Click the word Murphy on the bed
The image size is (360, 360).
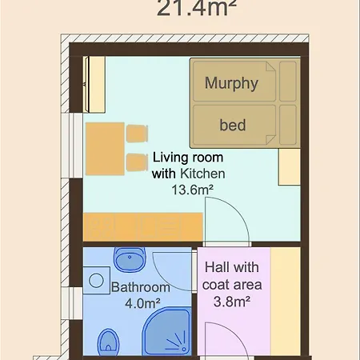(x=231, y=83)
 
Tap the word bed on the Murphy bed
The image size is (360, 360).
(x=233, y=125)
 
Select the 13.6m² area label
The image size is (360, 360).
(x=192, y=190)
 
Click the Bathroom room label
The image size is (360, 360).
(x=141, y=287)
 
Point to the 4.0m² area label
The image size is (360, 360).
(x=142, y=303)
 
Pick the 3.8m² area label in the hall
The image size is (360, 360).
(x=232, y=302)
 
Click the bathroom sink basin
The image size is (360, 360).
(x=130, y=259)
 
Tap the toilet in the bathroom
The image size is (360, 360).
(x=108, y=342)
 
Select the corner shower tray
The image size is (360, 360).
(x=167, y=331)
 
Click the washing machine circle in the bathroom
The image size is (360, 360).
(x=96, y=281)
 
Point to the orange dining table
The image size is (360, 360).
(x=105, y=149)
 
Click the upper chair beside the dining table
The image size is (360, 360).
(x=137, y=134)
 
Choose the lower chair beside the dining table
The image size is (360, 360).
(x=137, y=162)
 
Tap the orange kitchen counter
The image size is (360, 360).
(x=143, y=227)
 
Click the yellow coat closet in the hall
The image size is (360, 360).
(x=286, y=302)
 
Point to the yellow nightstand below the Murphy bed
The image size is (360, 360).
(x=290, y=166)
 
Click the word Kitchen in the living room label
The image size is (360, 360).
(x=202, y=174)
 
